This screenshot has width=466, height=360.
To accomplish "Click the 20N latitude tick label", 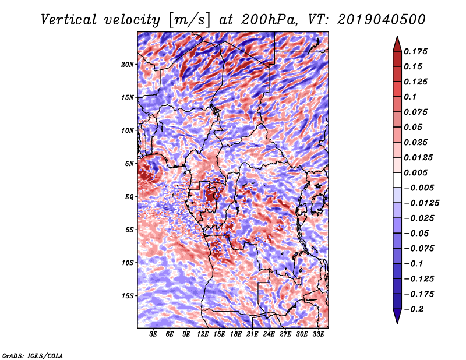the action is click(128, 65).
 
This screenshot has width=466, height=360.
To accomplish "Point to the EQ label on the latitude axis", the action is click(129, 197).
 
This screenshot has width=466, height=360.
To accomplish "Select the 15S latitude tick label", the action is click(128, 296).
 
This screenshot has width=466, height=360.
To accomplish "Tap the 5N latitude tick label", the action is click(129, 164).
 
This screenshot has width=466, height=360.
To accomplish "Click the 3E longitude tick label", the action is click(153, 334).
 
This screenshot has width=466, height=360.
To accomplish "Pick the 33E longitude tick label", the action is click(318, 334).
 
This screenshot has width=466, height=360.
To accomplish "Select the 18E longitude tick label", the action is click(236, 334).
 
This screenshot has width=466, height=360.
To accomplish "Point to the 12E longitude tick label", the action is click(203, 334).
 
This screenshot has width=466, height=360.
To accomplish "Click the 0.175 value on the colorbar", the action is click(415, 51).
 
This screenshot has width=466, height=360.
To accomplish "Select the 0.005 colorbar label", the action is click(415, 172).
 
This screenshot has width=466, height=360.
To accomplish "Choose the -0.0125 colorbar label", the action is click(422, 203).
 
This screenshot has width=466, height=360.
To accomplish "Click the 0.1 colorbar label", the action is click(410, 97).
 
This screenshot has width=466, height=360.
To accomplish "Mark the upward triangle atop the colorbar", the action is click(397, 44).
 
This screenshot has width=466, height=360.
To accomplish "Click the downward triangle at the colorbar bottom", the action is click(397, 316).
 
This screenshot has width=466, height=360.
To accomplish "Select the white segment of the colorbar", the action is click(397, 180).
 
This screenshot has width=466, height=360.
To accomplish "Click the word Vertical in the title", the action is click(69, 20).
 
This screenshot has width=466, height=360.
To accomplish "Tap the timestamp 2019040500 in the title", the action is click(382, 20).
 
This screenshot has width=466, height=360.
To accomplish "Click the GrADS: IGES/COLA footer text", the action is click(33, 355).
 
